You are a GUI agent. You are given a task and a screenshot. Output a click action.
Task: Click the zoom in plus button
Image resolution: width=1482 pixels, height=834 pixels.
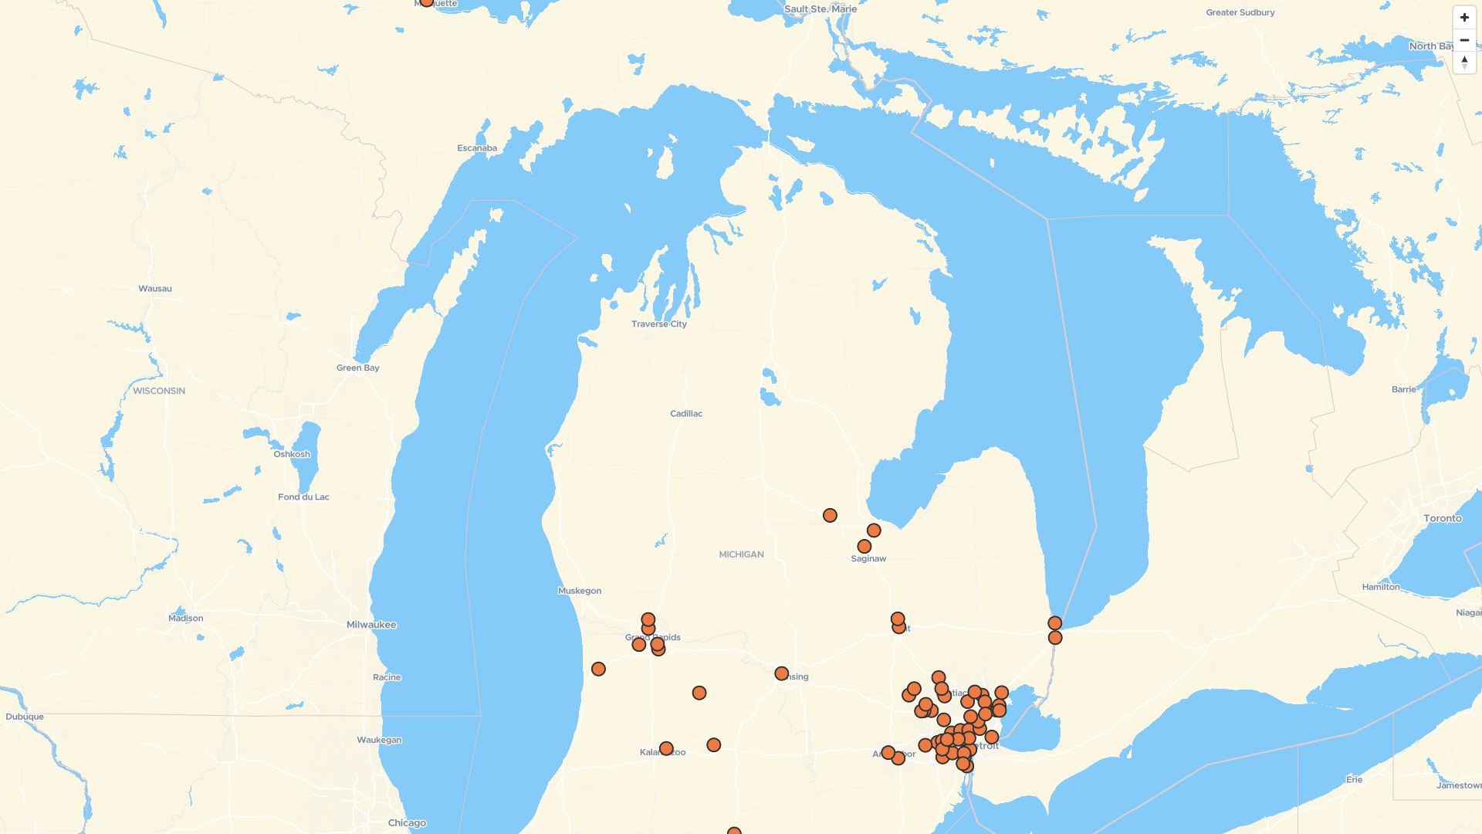pos(1464,18)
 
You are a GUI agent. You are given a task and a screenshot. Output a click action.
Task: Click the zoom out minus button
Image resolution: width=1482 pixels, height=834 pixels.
pos(1464,40)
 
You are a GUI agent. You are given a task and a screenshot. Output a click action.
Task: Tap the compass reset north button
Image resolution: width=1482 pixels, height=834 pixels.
pos(1464,63)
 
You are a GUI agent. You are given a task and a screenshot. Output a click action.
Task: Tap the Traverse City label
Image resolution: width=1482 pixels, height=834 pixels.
pos(658,324)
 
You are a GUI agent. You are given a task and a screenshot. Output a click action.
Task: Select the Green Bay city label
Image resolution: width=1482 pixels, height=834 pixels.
pos(357,368)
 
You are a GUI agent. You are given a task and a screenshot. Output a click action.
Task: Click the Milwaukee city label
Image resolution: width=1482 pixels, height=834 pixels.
pos(371,625)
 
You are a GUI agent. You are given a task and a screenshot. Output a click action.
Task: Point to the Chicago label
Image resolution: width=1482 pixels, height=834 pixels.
pos(407,823)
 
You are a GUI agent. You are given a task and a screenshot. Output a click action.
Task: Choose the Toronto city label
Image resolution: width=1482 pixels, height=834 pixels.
pos(1442,519)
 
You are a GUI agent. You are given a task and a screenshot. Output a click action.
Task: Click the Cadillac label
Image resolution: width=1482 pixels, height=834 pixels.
pos(686,414)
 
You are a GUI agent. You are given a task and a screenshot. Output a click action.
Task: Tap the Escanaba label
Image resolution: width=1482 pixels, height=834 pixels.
pos(477,148)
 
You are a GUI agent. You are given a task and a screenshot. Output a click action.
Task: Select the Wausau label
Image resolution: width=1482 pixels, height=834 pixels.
pos(155,289)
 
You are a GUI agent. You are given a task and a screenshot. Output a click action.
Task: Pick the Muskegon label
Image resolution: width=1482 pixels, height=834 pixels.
pos(580,592)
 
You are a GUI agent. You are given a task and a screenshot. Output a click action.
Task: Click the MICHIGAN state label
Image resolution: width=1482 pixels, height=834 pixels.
pos(741,554)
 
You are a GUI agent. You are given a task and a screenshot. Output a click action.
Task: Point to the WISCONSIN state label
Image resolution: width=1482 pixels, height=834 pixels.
pos(159,392)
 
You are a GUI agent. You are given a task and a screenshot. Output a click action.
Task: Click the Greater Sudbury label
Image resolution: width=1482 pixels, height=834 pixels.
pos(1240,12)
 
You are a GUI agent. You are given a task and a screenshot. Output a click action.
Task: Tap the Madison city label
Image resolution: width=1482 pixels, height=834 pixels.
pos(186,619)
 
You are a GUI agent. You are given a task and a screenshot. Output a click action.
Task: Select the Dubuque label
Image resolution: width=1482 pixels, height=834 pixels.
pos(25,717)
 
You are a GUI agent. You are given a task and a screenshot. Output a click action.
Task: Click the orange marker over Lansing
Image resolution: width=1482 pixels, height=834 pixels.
pos(781,674)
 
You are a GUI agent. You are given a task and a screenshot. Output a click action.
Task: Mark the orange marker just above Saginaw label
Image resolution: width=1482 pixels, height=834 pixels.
pos(864,547)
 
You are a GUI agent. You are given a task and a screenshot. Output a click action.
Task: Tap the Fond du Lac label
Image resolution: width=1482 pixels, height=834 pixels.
pos(303,497)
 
